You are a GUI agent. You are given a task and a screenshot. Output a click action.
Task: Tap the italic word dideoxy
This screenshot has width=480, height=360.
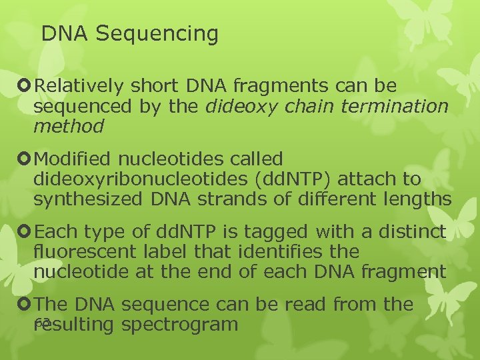tap(237, 106)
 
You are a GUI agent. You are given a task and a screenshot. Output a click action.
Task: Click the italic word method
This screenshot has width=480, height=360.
tap(69, 125)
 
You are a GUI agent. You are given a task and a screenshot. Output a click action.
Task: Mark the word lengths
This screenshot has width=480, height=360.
tap(417, 199)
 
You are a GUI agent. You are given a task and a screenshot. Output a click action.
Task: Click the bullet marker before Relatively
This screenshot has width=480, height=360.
tap(26, 86)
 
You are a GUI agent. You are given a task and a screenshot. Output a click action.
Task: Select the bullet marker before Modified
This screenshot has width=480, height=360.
tap(26, 159)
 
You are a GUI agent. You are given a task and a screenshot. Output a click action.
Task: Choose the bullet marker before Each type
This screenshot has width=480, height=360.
tap(26, 232)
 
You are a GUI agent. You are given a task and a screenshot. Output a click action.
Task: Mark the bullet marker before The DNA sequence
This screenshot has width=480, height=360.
tap(26, 305)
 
